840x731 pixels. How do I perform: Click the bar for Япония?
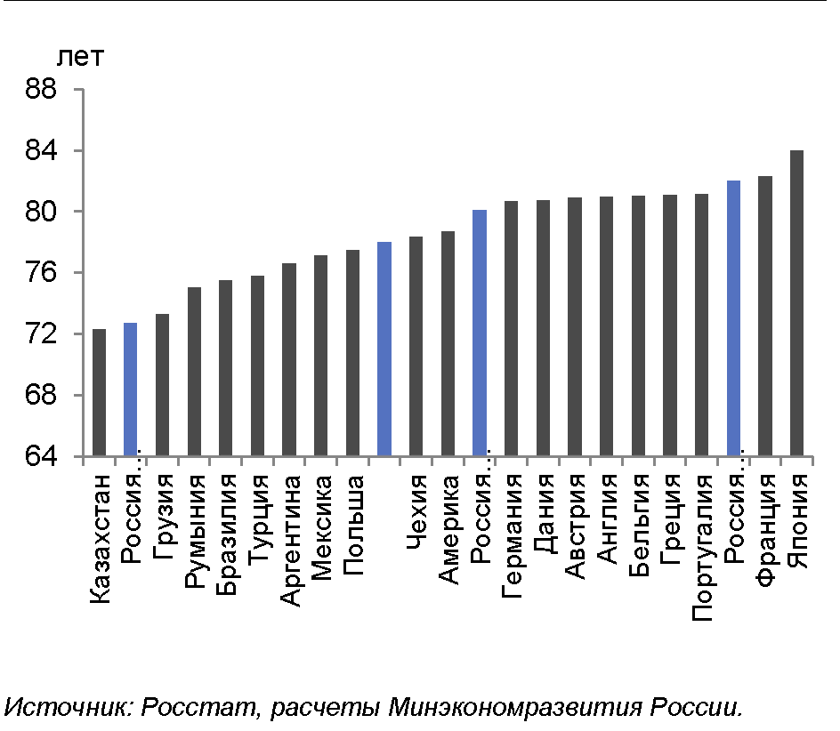(x=796, y=303)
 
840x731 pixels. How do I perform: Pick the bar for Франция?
(x=765, y=316)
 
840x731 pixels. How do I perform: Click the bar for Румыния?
(x=194, y=372)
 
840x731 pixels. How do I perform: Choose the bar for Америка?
(x=448, y=343)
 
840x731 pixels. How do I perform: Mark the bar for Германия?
(x=511, y=328)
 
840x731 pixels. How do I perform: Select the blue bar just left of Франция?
(x=733, y=318)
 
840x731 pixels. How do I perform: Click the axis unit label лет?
(x=81, y=59)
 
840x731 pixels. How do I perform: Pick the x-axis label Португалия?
(x=702, y=547)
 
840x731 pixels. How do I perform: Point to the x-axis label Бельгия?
(x=638, y=525)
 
